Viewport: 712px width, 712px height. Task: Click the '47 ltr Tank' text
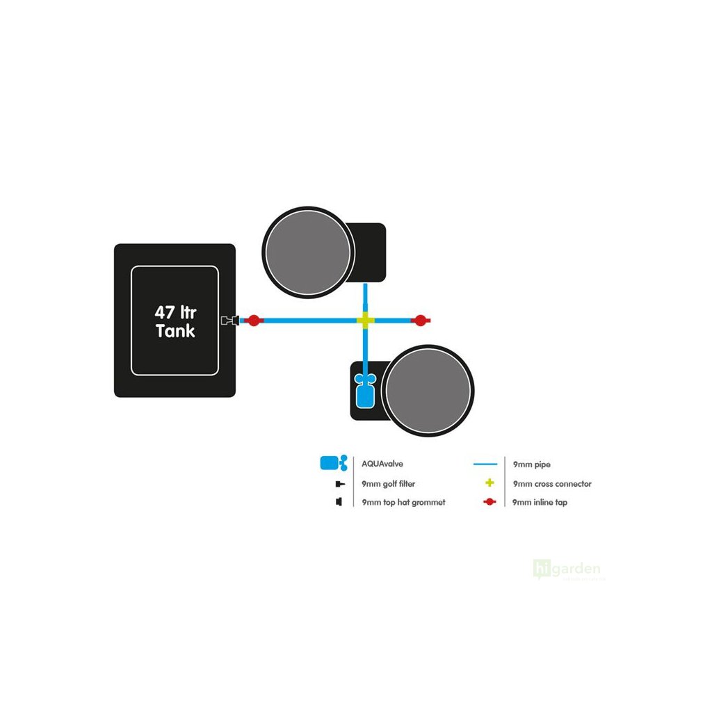point(175,321)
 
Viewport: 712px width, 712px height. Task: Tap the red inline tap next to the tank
point(254,321)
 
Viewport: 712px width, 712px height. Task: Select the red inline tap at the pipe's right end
point(420,321)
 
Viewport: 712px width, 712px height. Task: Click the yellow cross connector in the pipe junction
point(365,321)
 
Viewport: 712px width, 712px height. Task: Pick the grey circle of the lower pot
point(428,391)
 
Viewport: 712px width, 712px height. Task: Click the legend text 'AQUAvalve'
point(382,464)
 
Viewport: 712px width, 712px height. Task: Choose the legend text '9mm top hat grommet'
point(403,502)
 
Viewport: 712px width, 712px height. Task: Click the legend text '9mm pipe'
point(531,464)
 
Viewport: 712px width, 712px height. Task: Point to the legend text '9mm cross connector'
point(552,483)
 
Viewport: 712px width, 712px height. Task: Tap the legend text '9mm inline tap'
point(539,502)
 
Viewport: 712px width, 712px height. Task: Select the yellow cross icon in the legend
point(489,483)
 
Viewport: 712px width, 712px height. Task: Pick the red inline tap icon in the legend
point(489,502)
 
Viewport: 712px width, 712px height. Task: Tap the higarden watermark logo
point(567,569)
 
